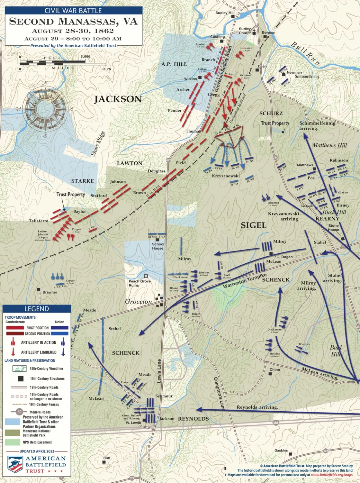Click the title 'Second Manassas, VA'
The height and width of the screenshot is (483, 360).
pyautogui.click(x=73, y=22)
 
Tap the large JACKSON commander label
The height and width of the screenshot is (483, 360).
pyautogui.click(x=118, y=99)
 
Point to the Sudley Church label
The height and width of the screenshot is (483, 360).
pyautogui.click(x=245, y=31)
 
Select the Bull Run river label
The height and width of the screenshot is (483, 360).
pyautogui.click(x=305, y=53)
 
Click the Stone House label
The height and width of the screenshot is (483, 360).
pyautogui.click(x=333, y=228)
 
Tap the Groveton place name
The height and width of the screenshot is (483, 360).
pyautogui.click(x=138, y=302)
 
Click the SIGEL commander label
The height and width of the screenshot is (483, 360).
pyautogui.click(x=254, y=225)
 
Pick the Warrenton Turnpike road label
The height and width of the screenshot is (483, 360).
pyautogui.click(x=245, y=281)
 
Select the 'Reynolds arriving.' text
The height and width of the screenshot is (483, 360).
pyautogui.click(x=257, y=407)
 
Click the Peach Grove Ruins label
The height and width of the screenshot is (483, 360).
pyautogui.click(x=139, y=283)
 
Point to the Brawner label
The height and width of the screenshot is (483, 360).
pyautogui.click(x=50, y=292)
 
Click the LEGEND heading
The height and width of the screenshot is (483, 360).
pyautogui.click(x=37, y=309)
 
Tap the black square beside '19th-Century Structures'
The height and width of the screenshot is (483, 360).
pyautogui.click(x=21, y=378)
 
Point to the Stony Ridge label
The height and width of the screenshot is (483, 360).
pyautogui.click(x=98, y=144)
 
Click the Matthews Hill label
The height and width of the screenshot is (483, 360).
pyautogui.click(x=329, y=145)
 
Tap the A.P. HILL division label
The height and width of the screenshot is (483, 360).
pyautogui.click(x=174, y=64)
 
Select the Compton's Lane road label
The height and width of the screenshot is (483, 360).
pyautogui.click(x=219, y=393)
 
